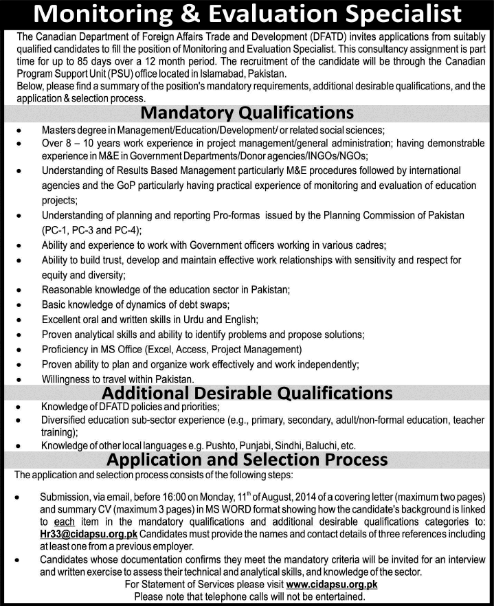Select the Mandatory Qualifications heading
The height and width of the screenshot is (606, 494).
[247, 112]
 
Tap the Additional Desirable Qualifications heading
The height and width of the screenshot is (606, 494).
[247, 393]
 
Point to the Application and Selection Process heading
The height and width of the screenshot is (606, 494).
[247, 459]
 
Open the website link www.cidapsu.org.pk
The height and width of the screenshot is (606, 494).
[331, 585]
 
